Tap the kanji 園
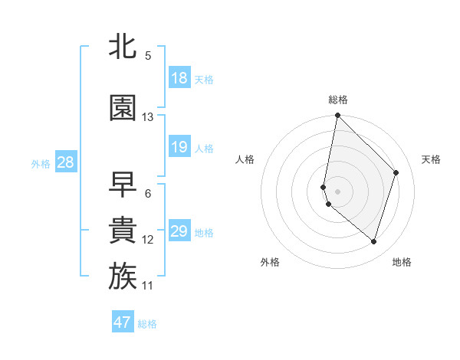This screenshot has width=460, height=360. pos(123,108)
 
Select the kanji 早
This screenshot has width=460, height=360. pos(123,184)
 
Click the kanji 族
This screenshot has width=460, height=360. pos(123,276)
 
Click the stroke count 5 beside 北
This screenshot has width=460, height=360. pos(148,56)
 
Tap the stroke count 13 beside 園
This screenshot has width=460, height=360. pos(148,117)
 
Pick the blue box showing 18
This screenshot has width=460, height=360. pos(179,79)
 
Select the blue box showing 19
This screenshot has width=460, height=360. pos(179,147)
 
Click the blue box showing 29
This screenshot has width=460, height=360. pos(179,231)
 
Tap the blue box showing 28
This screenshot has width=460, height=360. pos(65,162)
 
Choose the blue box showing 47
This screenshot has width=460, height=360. pos(123,322)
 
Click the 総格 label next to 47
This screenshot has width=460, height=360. pos(147,324)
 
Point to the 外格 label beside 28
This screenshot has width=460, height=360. pos(41,163)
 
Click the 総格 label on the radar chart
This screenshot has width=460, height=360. pos(338,100)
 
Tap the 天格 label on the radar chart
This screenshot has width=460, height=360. pos(431,159)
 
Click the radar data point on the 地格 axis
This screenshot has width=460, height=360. pos(374,242)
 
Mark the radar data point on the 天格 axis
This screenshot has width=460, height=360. pos(396,172)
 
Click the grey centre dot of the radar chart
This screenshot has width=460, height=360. pos(338,191)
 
